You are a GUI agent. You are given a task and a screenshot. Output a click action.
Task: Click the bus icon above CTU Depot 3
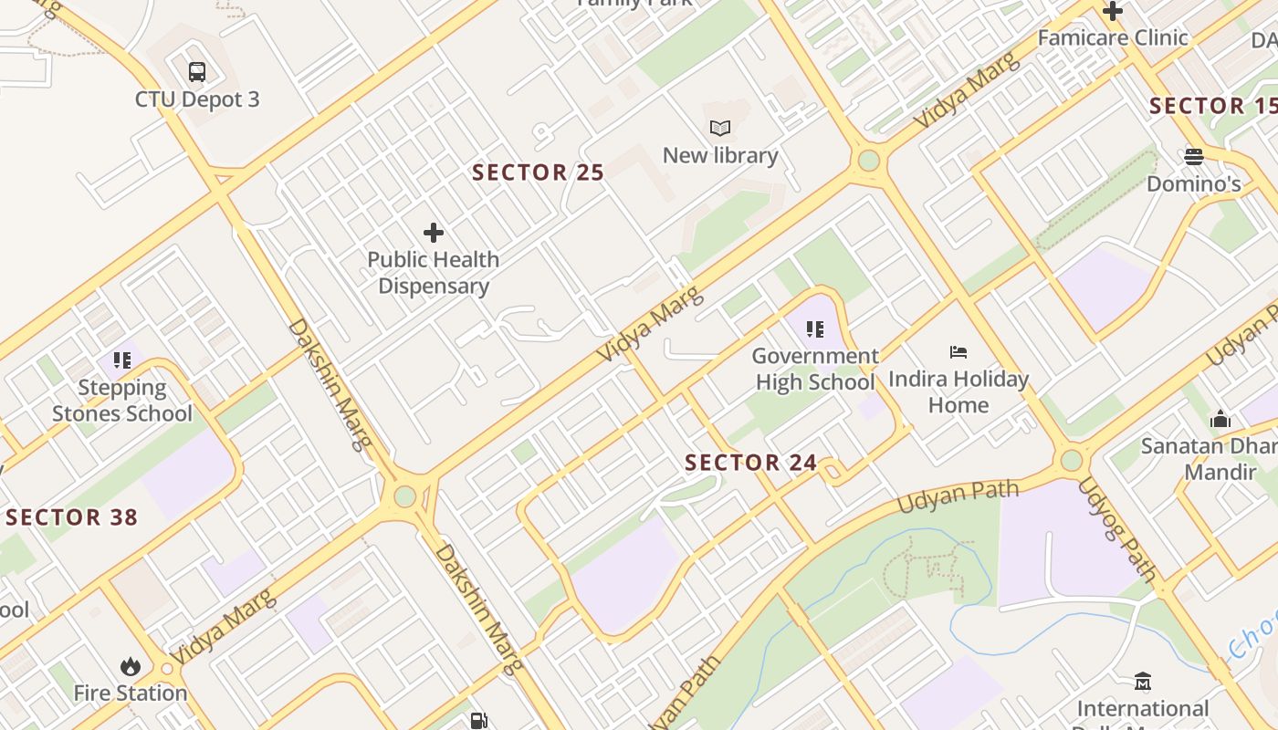pos(196,71)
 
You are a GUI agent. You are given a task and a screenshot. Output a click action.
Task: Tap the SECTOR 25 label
pos(538,172)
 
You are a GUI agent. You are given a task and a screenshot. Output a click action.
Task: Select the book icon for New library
pos(720,129)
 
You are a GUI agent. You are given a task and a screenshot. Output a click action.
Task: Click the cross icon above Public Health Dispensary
pos(434,233)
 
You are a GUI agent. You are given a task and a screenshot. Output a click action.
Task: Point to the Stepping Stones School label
pos(122,401)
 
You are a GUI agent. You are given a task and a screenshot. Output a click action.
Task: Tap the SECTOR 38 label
pos(72,517)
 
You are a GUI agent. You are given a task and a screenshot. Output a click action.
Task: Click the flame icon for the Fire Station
pos(131,667)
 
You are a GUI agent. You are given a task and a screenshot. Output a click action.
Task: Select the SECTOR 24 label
pos(751,463)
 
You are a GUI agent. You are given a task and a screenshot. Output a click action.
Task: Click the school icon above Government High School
pos(815,329)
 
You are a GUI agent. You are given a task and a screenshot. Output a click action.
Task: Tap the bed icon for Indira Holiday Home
pos(958,352)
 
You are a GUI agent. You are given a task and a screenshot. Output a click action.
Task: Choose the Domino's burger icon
pos(1193,157)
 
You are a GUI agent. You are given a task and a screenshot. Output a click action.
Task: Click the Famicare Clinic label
pos(1113,38)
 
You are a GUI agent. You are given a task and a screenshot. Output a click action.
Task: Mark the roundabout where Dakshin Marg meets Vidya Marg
pos(405,496)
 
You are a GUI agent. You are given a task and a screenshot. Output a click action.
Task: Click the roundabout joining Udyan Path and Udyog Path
pos(1072,460)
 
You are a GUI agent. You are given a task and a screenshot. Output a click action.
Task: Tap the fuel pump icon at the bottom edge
pos(479,721)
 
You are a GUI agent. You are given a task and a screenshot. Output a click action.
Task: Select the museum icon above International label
pos(1143,682)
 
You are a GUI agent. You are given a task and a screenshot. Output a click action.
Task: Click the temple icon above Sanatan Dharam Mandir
pos(1220,420)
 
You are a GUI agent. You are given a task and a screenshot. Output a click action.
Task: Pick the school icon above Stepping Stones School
pos(122,360)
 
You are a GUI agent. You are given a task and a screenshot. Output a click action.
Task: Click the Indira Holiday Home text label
pos(958,391)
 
